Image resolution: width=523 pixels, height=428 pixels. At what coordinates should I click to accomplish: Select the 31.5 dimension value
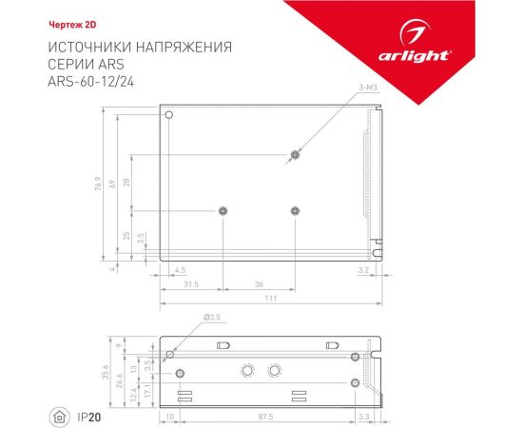point(190,282)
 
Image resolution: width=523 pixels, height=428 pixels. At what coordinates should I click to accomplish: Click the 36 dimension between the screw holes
point(259,282)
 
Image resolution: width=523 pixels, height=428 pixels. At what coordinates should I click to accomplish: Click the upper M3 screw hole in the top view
point(296,153)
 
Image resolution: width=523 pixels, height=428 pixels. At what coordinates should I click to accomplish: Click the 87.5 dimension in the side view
point(265,416)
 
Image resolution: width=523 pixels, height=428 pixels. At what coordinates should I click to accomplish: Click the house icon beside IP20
point(61,416)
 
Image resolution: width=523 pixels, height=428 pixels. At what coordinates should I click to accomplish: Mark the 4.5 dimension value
point(180,270)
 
